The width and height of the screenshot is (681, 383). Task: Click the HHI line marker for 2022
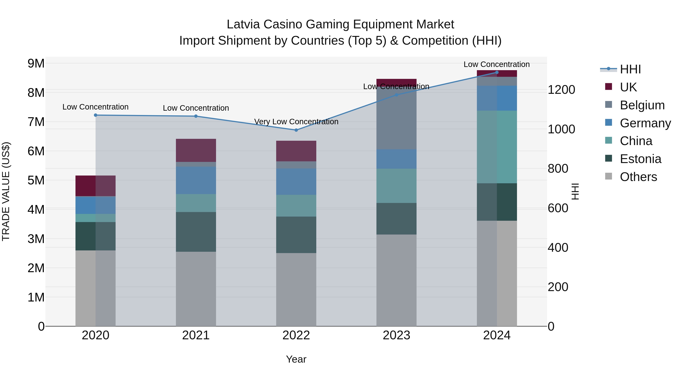click(296, 130)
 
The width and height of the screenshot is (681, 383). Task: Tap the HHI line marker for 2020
click(96, 115)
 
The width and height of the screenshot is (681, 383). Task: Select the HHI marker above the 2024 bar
click(497, 72)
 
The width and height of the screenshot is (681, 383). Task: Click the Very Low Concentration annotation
click(296, 122)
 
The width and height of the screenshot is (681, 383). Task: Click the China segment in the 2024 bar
click(497, 147)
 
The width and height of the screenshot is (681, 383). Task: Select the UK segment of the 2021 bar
click(196, 150)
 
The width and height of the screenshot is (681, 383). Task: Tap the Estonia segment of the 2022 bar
click(296, 235)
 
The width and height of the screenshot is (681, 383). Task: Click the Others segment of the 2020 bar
click(96, 288)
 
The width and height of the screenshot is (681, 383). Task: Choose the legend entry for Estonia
click(640, 159)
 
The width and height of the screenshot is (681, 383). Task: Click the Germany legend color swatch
click(608, 123)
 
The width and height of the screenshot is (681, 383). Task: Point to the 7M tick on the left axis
click(36, 122)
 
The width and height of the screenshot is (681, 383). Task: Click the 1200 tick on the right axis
click(561, 90)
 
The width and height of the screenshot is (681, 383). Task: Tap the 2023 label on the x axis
click(396, 335)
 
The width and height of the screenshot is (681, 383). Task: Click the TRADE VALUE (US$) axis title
click(6, 191)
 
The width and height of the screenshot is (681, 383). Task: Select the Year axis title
click(296, 359)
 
